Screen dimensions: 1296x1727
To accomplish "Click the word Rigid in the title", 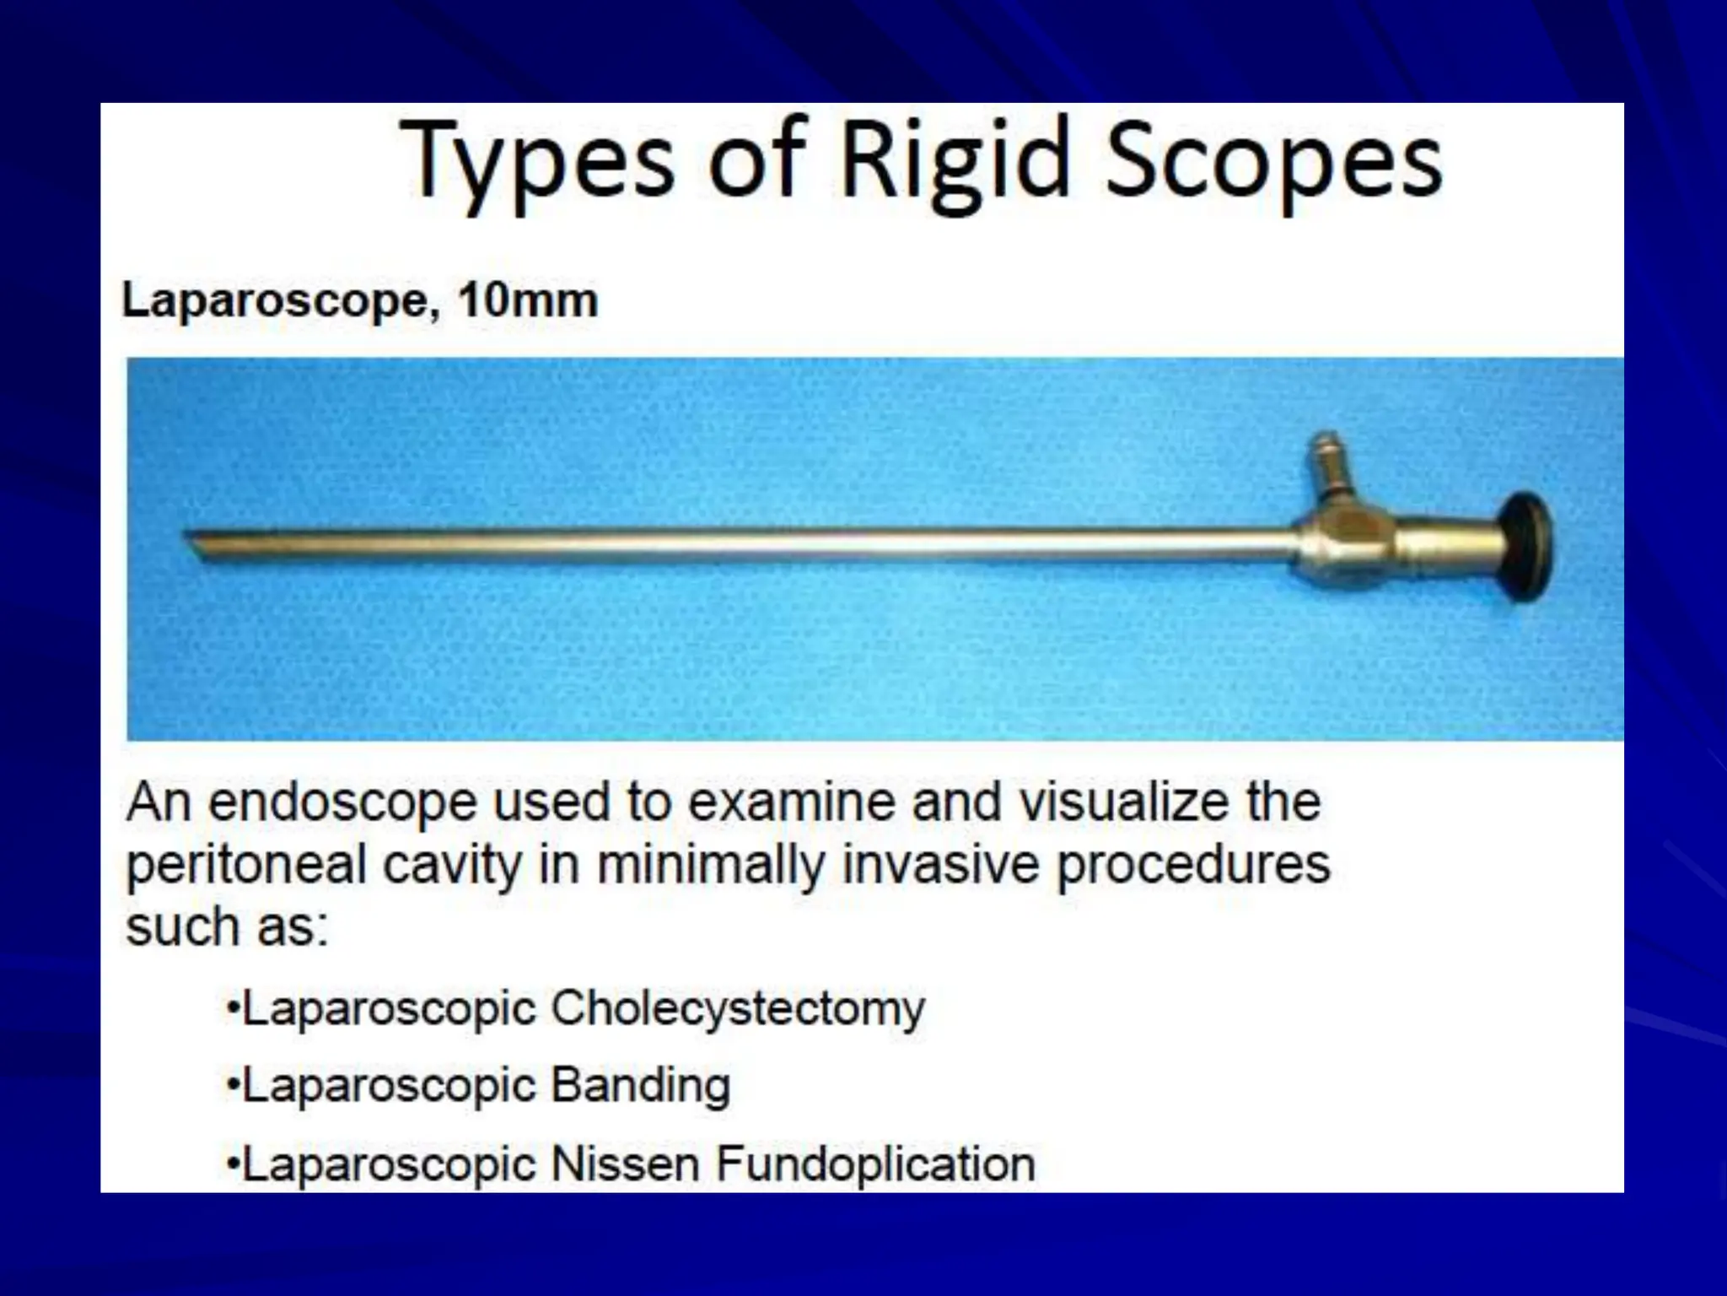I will click(x=955, y=162).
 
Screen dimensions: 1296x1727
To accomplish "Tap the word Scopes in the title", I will click(x=1273, y=162).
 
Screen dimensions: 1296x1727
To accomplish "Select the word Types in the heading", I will click(x=539, y=162).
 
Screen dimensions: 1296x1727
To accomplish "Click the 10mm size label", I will click(x=528, y=301).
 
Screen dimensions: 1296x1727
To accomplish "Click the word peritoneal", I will click(x=246, y=866).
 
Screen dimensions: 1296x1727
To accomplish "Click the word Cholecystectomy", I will click(x=738, y=1009).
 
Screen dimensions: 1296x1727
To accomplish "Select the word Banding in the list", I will click(x=640, y=1086).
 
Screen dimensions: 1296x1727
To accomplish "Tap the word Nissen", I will click(x=625, y=1164).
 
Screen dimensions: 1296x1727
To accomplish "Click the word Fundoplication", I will click(x=875, y=1164).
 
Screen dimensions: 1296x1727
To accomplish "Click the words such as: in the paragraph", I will click(x=226, y=928).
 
